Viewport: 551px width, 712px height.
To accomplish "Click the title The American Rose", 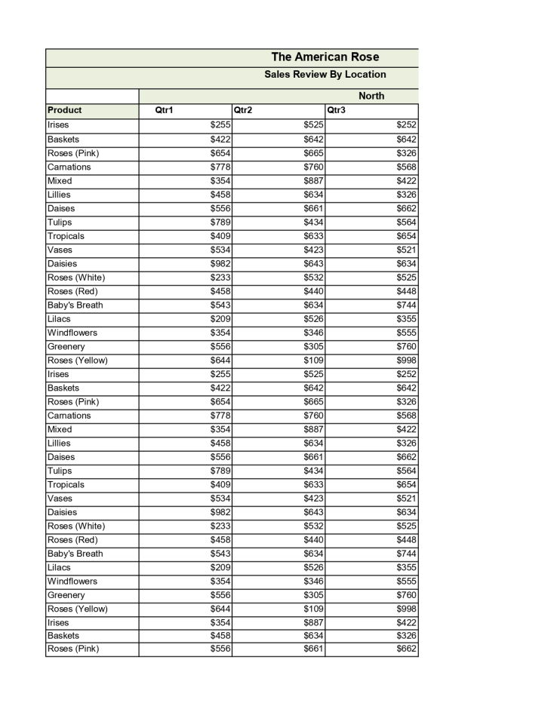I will point(325,57).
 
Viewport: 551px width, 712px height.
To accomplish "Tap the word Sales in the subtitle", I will point(278,75).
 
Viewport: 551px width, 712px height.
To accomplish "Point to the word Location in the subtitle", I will point(365,75).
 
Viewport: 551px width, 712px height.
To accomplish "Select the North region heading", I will point(371,96).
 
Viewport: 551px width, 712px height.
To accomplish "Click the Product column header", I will point(64,110).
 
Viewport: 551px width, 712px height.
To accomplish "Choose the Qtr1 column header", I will point(164,110).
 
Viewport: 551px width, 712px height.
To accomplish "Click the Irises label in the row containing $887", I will point(58,622).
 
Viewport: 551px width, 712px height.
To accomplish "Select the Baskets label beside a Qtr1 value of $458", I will point(63,636).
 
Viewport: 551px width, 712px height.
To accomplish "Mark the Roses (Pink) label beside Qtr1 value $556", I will point(72,649).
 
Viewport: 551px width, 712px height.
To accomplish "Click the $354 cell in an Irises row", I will point(220,622).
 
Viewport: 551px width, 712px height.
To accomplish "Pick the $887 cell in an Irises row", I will point(313,622).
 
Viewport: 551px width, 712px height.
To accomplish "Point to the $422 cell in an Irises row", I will point(406,622).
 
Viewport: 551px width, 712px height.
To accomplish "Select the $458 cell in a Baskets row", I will point(220,636).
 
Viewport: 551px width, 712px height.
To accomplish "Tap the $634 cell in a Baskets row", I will point(313,636).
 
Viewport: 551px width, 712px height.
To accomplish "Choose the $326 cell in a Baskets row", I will point(406,636).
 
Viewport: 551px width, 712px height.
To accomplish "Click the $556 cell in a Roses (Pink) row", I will point(220,649).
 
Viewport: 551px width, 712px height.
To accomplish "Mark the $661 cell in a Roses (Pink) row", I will point(313,649).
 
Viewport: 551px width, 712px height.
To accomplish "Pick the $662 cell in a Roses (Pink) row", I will point(406,649).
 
